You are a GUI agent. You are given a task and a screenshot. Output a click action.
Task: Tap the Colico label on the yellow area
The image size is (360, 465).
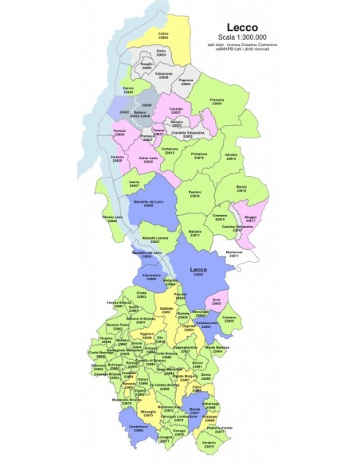click(162, 35)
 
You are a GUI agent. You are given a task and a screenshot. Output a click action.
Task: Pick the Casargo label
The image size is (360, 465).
click(177, 110)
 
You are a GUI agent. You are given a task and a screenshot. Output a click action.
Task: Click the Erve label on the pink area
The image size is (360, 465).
click(216, 301)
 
